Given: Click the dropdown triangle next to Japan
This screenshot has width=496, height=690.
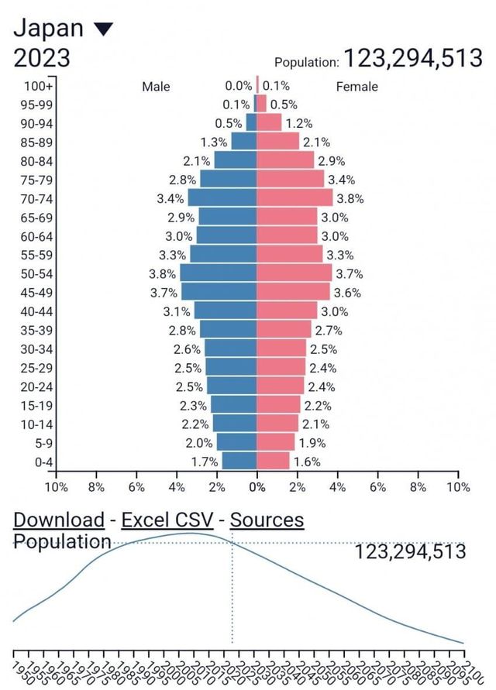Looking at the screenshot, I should [103, 29].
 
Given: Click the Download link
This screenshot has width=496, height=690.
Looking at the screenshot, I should [59, 520].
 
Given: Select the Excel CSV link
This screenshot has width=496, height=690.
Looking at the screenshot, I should [167, 520].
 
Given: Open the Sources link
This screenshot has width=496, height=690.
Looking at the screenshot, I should [267, 520].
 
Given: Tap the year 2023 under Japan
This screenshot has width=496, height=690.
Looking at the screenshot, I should [42, 58].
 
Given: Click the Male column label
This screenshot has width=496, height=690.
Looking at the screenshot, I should [156, 87].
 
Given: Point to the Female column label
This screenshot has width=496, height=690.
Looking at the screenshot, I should [356, 87].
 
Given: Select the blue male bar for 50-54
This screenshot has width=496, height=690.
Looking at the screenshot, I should [219, 273].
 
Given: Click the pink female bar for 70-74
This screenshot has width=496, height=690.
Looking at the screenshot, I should [294, 197].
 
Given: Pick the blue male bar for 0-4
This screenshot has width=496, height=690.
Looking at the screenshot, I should [239, 461].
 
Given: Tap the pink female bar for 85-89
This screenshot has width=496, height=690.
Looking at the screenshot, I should [277, 141].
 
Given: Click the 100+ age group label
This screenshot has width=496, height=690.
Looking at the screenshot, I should [38, 85].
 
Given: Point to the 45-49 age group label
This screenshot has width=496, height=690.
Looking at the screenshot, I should [37, 292].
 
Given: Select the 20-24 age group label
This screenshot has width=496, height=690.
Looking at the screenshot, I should [37, 386].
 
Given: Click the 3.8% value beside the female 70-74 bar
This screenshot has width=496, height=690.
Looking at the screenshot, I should [350, 198].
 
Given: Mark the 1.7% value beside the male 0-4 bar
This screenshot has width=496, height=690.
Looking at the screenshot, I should [204, 462].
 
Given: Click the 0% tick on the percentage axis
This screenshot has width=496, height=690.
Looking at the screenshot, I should [257, 487].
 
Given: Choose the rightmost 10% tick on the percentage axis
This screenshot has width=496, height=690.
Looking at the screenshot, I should [458, 487].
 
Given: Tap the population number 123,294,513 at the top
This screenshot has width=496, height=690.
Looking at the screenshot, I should [413, 58].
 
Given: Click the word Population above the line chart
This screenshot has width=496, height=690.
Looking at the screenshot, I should [62, 541].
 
